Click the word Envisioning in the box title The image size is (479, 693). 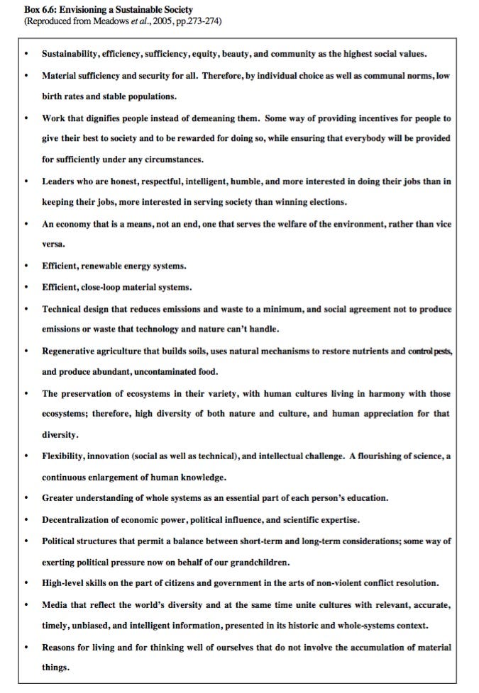(x=83, y=9)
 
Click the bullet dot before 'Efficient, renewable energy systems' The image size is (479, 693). (x=26, y=266)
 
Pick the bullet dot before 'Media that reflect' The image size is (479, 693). (x=26, y=605)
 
